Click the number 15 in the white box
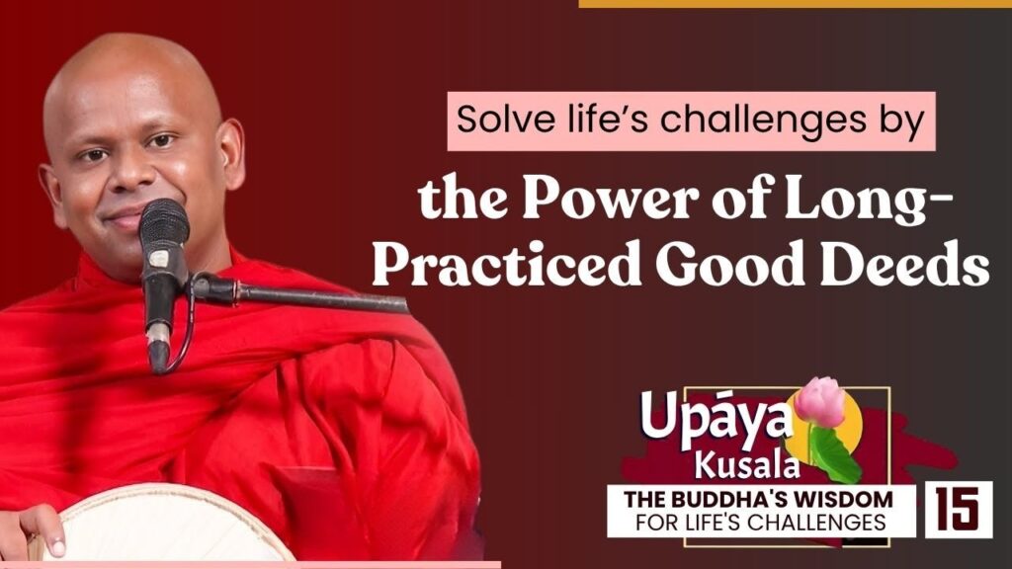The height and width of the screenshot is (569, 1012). (959, 509)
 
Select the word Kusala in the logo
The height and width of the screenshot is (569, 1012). (747, 465)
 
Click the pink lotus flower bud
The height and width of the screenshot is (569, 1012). (819, 401)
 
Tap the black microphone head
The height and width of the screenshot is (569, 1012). (164, 223)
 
